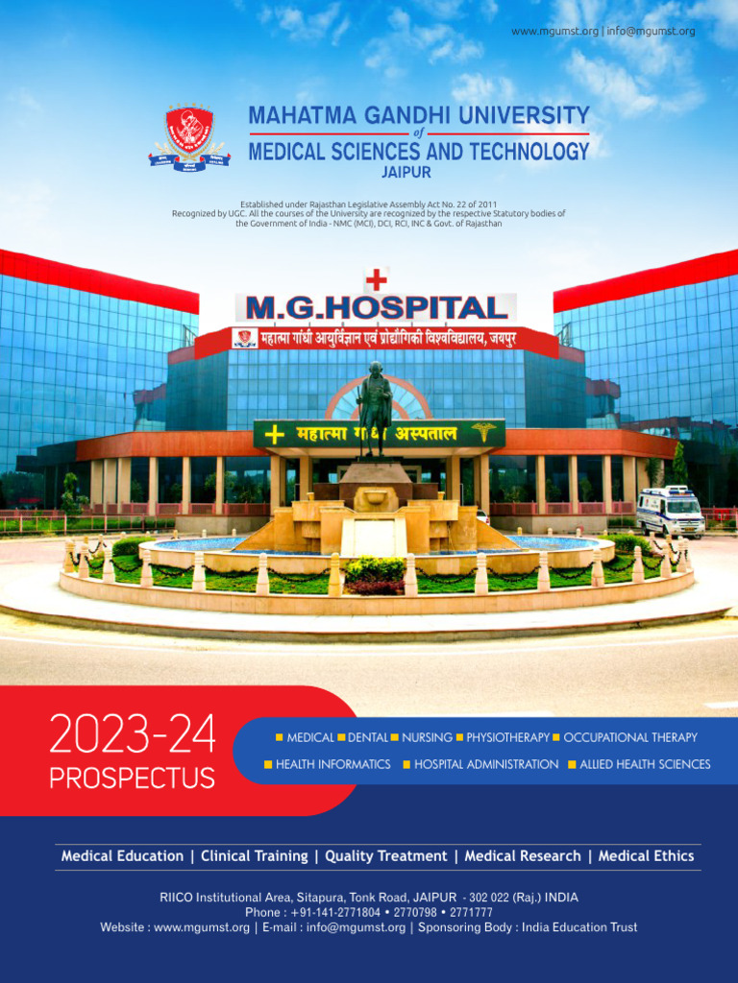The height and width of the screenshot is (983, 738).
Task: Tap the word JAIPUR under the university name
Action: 406,173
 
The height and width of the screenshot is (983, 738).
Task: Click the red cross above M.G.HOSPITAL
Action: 377,279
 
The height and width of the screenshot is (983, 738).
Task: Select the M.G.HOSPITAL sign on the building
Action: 377,308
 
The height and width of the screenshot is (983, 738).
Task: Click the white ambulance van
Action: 670,512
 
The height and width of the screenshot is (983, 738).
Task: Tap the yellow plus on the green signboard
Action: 275,435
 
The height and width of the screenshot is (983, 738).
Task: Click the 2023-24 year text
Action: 132,736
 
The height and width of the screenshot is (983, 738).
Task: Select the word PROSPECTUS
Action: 132,778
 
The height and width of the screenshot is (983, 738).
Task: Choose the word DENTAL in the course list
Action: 367,737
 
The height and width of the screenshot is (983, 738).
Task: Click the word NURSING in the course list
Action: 427,737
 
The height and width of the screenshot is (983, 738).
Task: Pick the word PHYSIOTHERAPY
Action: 507,737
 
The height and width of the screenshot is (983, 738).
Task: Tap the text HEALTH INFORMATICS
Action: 332,764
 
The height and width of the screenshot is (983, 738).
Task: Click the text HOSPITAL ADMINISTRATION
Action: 485,764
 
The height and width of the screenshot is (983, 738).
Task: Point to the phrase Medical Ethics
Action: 646,855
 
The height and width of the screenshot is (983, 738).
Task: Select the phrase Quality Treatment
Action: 385,855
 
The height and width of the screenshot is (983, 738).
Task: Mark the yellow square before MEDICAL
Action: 279,737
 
